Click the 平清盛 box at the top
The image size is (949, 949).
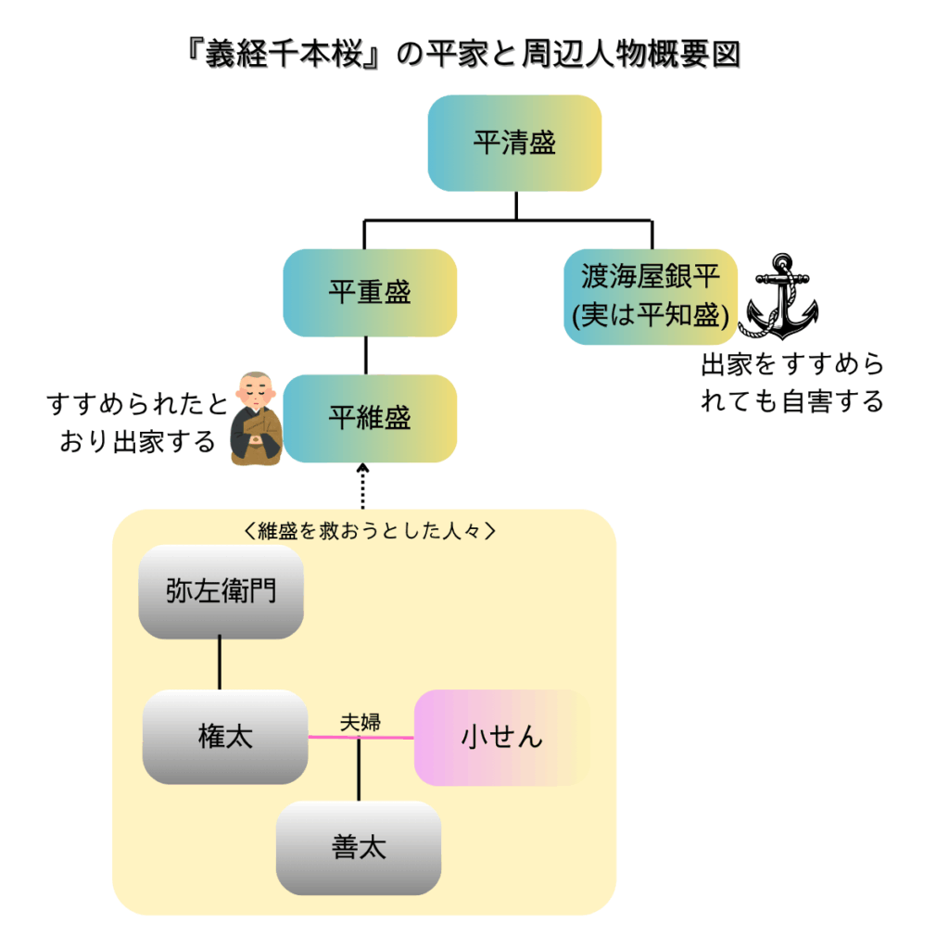[x=514, y=144]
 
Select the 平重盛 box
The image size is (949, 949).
[x=370, y=293]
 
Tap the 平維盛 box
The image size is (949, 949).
[x=370, y=418]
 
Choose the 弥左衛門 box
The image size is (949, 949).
[x=221, y=591]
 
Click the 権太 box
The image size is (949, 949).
[x=225, y=738]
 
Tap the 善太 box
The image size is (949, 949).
[x=358, y=847]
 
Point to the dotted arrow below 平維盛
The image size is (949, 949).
[x=363, y=486]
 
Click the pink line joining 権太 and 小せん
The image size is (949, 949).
[x=389, y=738]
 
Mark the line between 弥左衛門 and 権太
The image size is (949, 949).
[x=220, y=664]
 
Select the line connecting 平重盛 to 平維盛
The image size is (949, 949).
[x=368, y=356]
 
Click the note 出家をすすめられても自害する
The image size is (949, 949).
[x=792, y=383]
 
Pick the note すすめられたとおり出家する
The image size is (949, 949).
[x=137, y=423]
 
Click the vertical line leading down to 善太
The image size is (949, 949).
[x=359, y=774]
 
